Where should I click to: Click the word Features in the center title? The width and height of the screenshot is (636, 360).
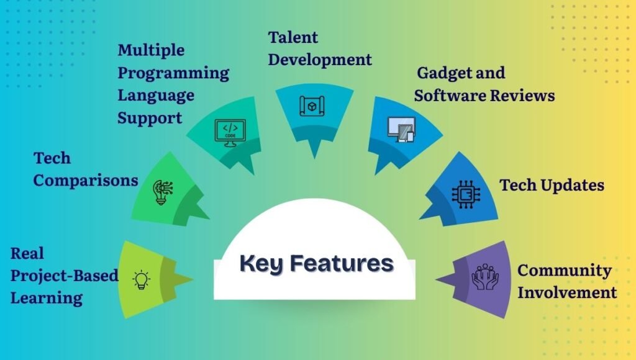342,263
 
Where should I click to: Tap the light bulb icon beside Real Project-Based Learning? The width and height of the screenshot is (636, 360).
142,279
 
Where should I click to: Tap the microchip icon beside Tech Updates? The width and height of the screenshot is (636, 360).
463,192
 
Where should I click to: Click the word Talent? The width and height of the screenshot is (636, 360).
293,38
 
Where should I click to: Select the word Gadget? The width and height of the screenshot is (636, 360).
442,73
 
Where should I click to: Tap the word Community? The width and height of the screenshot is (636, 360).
564,271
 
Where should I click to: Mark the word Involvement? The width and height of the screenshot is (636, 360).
567,292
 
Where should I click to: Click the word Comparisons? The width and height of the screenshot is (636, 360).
86,181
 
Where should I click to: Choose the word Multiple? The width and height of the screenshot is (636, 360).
151,50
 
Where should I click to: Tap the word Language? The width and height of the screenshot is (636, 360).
156,96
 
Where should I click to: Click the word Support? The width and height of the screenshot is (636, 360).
150,118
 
